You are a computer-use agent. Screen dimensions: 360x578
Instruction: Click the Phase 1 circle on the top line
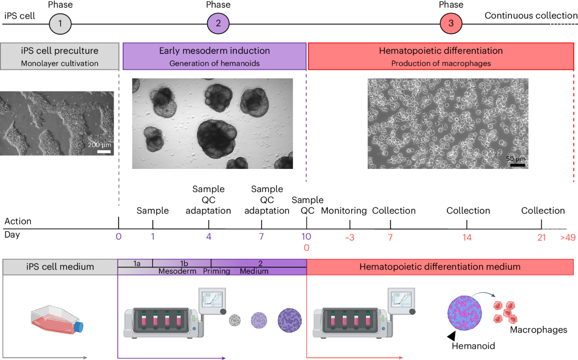(x=60, y=23)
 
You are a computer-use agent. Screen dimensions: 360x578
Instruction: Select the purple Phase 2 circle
(x=218, y=23)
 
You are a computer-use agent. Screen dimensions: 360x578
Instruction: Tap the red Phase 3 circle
(x=451, y=23)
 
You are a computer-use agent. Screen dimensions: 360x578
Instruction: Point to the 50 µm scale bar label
(x=516, y=158)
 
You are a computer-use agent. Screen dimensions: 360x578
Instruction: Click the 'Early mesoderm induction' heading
(x=214, y=51)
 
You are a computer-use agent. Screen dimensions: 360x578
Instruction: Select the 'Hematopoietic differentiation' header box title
(x=441, y=51)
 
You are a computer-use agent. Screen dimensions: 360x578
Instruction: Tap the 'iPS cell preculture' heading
(x=60, y=51)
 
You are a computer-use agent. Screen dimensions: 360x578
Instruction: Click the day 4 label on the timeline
(x=209, y=236)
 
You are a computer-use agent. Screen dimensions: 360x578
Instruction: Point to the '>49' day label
(x=567, y=237)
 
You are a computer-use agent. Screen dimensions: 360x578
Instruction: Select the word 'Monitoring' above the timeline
(x=344, y=211)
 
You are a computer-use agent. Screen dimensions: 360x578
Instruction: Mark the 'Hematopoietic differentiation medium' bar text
(x=439, y=266)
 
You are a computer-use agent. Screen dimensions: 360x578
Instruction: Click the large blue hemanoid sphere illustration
(x=465, y=313)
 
